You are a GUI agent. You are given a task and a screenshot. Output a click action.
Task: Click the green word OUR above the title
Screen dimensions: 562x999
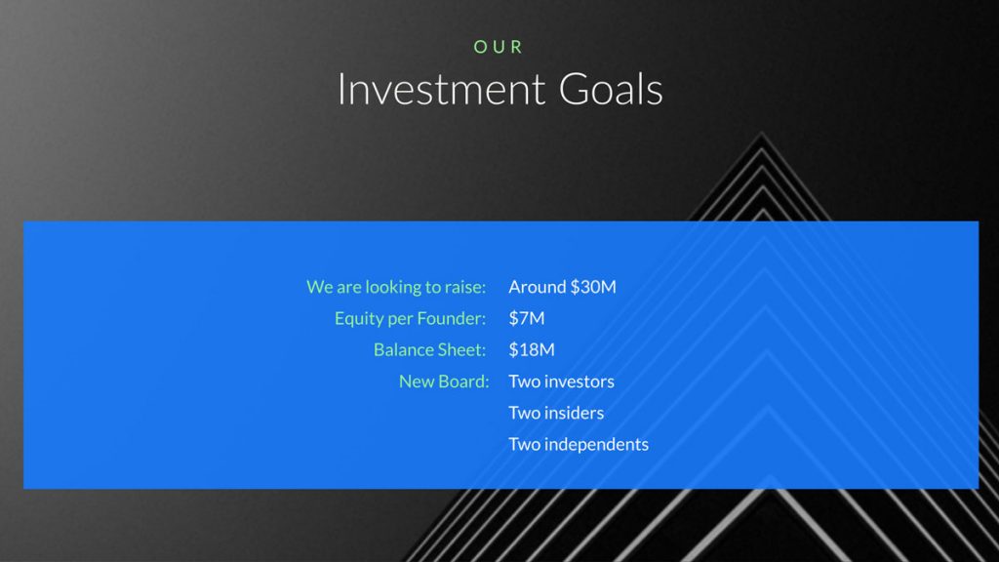tap(499, 47)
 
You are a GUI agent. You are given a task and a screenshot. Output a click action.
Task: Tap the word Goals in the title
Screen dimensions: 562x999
tap(611, 90)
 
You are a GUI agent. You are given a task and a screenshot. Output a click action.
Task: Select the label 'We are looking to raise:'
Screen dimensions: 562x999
tap(396, 287)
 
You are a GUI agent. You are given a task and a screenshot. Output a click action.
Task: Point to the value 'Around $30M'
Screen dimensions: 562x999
tap(562, 287)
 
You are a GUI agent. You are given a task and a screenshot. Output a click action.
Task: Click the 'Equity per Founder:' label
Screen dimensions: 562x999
tap(410, 318)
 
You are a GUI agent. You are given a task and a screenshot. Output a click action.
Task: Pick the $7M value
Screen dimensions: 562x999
tap(527, 318)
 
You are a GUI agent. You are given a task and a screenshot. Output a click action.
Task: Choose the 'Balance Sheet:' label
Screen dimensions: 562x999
tap(429, 349)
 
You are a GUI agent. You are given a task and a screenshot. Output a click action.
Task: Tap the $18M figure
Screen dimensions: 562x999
tap(532, 349)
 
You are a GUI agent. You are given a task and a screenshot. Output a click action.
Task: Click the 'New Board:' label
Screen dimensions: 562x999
tap(443, 381)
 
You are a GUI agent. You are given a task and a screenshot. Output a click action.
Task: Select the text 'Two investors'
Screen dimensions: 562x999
tap(561, 381)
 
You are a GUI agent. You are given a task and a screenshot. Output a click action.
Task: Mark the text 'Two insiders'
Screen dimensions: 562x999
tap(556, 413)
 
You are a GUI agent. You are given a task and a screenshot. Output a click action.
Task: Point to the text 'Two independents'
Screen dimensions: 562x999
tap(579, 444)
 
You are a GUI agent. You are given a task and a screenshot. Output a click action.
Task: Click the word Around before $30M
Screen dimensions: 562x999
tap(538, 287)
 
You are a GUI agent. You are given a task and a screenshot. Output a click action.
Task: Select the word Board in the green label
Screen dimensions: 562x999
tap(463, 381)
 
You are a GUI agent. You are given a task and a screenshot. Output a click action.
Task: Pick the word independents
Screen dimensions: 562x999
tap(596, 444)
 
